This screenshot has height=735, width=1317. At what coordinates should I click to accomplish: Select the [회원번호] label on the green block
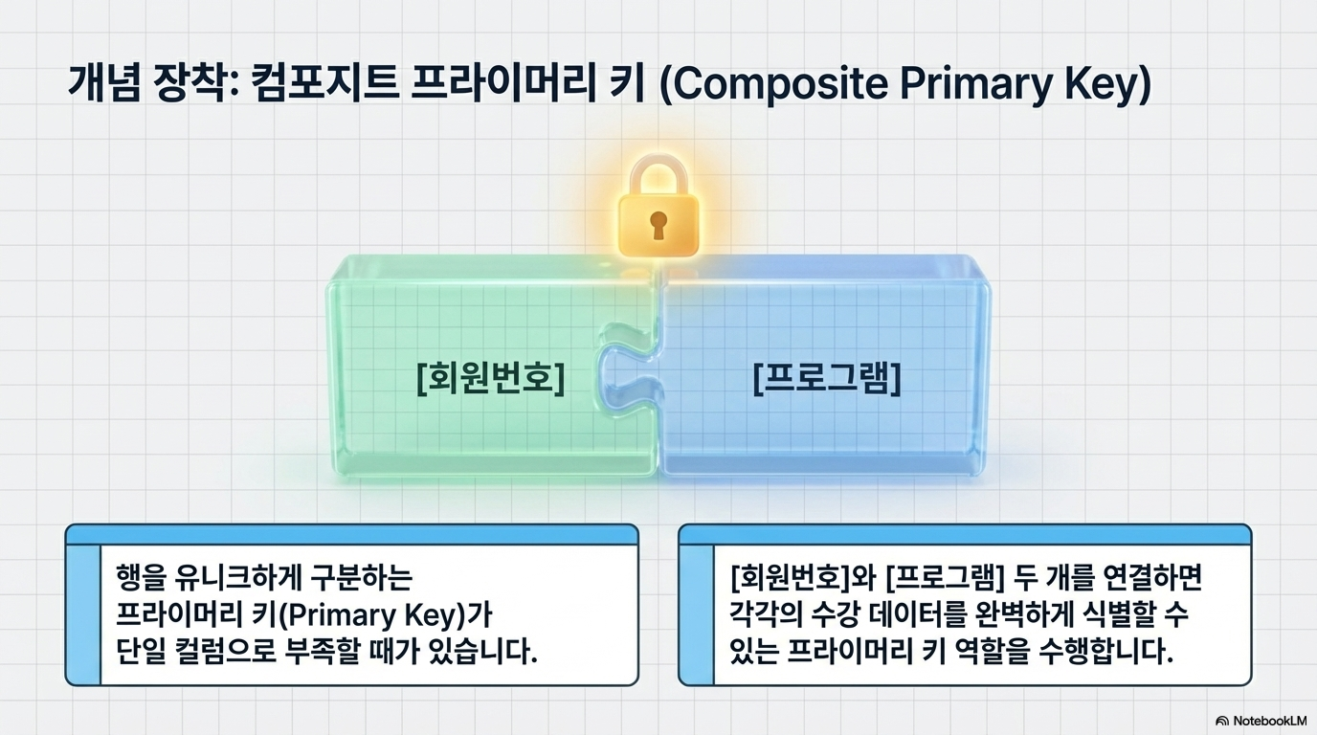(491, 379)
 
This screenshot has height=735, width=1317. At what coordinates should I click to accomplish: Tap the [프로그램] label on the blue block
(827, 379)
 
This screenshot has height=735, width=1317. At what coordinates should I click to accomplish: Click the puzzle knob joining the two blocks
(613, 379)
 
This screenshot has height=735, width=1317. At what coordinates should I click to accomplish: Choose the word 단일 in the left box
(140, 651)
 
